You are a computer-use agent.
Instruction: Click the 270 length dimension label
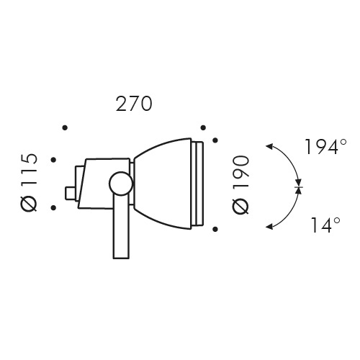tap(134, 104)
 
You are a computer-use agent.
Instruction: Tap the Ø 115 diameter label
tap(29, 183)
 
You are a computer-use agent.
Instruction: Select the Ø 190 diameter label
tap(241, 184)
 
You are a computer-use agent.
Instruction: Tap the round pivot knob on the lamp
tap(120, 184)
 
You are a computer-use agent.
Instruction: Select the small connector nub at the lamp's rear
tap(70, 192)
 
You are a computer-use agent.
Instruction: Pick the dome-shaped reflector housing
tap(162, 184)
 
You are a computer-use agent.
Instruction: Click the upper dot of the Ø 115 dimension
tap(53, 158)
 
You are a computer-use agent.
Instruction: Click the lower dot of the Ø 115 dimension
tap(53, 208)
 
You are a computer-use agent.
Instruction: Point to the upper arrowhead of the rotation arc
tap(269, 147)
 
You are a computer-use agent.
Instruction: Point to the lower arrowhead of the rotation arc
tap(269, 228)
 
